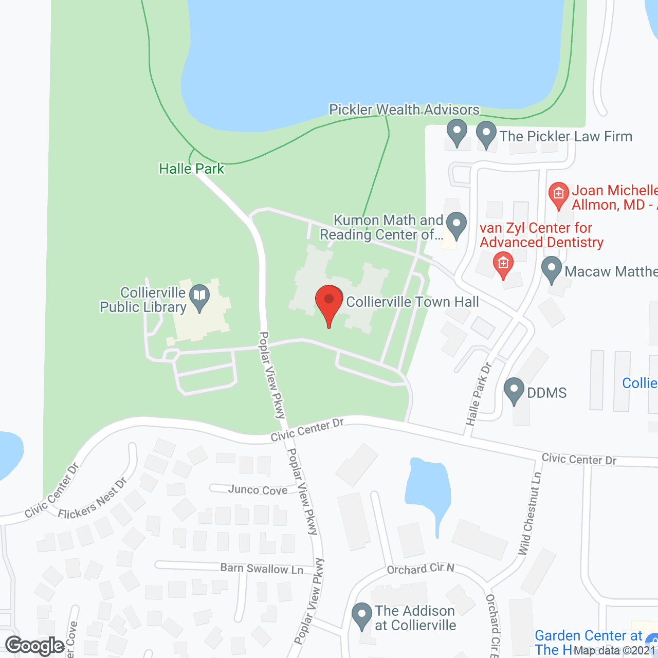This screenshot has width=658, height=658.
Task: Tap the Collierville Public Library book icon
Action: [x=199, y=297]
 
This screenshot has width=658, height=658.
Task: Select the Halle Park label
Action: [x=191, y=169]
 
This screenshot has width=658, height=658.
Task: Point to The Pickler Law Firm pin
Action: [x=486, y=133]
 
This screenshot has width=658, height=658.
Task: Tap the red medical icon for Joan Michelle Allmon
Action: [x=559, y=195]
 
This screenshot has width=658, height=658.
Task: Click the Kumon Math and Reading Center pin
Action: [x=456, y=225]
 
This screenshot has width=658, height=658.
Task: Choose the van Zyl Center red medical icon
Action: [x=503, y=264]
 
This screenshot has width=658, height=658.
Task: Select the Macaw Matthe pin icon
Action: [x=552, y=269]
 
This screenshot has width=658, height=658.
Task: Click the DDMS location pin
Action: [x=514, y=390]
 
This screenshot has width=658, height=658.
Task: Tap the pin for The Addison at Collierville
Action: [x=362, y=615]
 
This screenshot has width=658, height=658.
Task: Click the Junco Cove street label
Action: [x=258, y=490]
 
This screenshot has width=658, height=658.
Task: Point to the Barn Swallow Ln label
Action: [x=262, y=568]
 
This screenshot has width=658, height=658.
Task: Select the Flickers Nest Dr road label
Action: [x=93, y=499]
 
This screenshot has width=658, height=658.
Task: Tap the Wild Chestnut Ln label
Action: [x=530, y=514]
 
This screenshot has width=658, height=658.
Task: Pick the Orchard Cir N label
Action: [x=421, y=569]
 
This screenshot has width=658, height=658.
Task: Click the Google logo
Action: [x=35, y=646]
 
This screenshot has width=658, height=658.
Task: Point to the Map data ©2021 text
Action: [x=615, y=651]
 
